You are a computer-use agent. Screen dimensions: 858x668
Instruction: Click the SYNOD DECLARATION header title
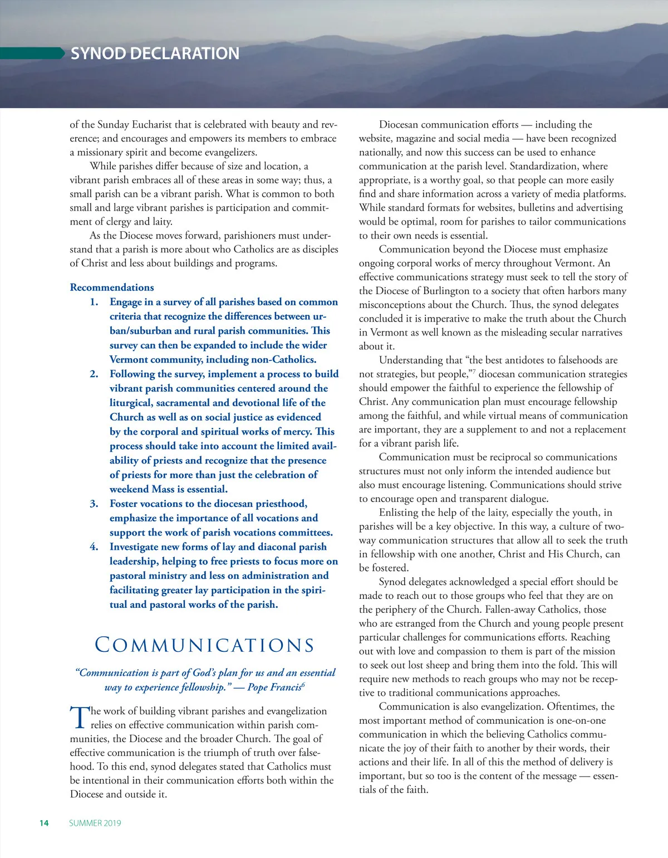point(155,53)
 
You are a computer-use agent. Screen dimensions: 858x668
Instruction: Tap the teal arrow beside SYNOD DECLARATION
point(33,53)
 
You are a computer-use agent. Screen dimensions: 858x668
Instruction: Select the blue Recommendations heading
point(112,287)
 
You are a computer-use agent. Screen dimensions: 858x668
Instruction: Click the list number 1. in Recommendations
point(94,302)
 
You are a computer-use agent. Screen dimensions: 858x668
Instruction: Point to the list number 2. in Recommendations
point(94,374)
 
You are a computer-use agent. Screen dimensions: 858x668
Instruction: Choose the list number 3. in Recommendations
point(94,504)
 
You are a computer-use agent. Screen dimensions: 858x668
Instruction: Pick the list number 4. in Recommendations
point(94,547)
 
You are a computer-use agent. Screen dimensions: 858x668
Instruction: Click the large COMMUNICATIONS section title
point(205,645)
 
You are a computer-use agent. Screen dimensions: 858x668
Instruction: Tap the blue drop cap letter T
point(80,717)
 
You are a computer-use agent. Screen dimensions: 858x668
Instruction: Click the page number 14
point(44,823)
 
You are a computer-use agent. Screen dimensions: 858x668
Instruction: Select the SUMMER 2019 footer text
point(95,823)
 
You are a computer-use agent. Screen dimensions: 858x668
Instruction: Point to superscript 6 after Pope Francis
point(303,684)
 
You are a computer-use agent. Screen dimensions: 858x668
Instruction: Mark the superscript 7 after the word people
point(474,371)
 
